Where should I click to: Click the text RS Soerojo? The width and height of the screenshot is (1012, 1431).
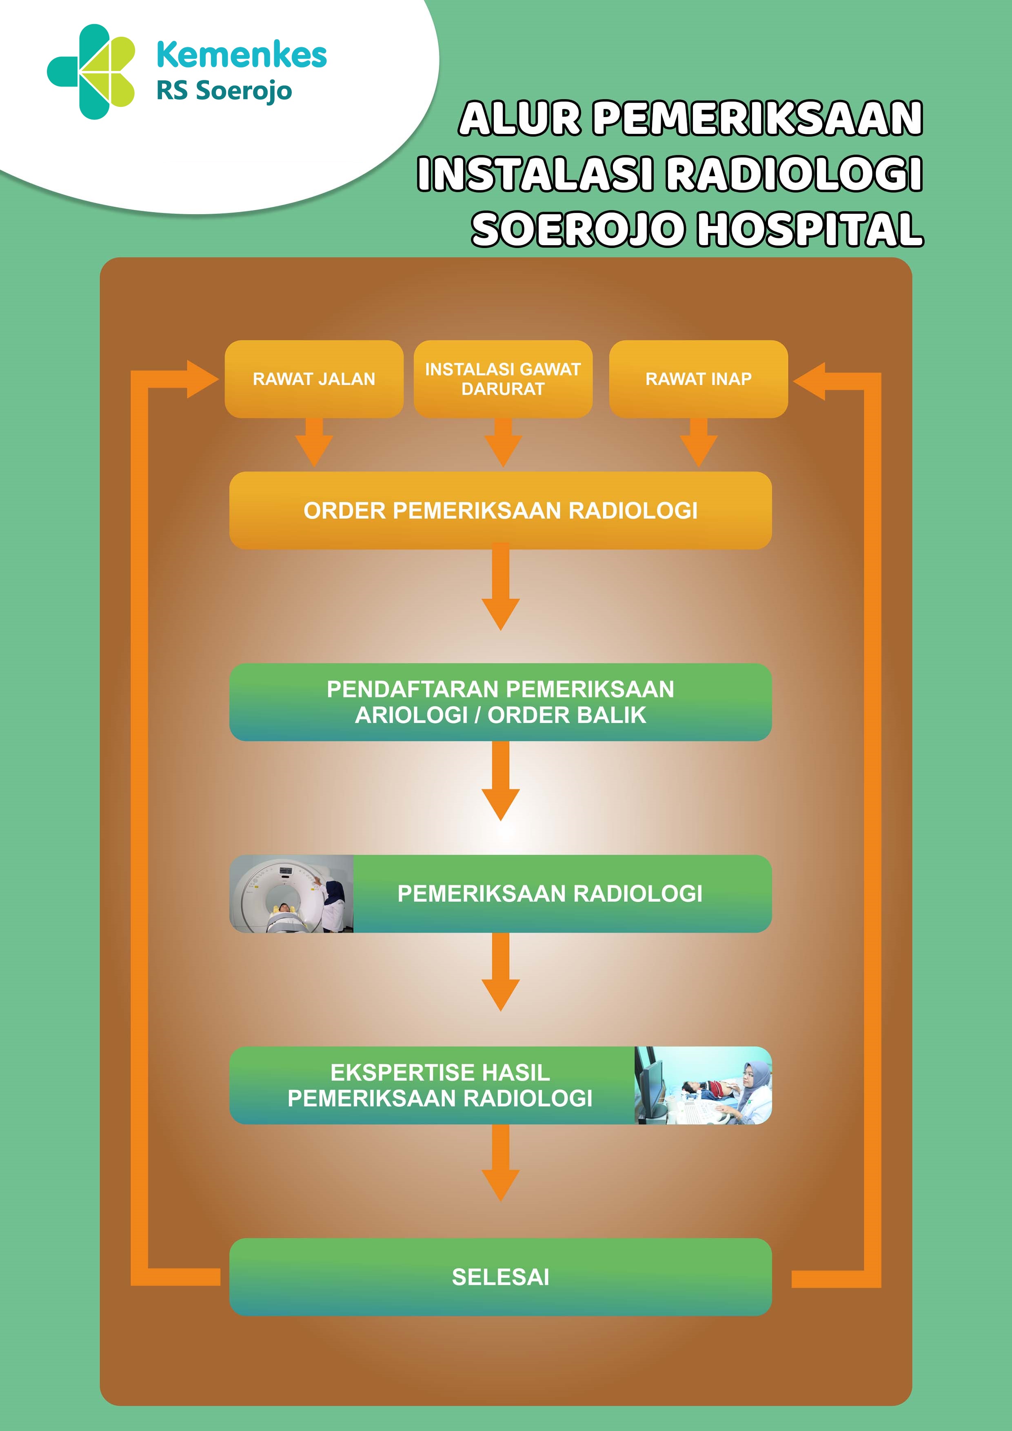coord(224,91)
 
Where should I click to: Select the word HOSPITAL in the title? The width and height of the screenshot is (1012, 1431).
coord(809,229)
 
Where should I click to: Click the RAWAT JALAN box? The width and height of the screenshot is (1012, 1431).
coord(314,379)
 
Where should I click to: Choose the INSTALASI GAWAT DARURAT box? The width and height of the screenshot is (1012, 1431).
coord(503,379)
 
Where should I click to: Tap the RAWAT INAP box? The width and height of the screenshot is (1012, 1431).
coord(698,379)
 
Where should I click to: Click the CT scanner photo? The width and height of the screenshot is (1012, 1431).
coord(291,894)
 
